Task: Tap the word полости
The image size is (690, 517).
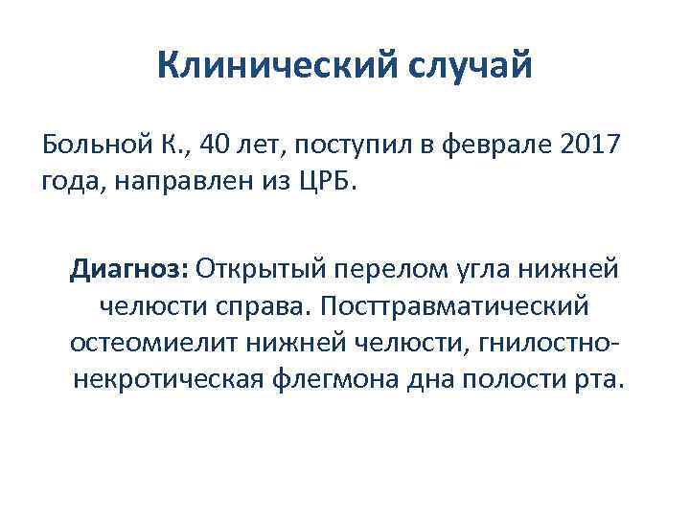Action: tap(518, 377)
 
